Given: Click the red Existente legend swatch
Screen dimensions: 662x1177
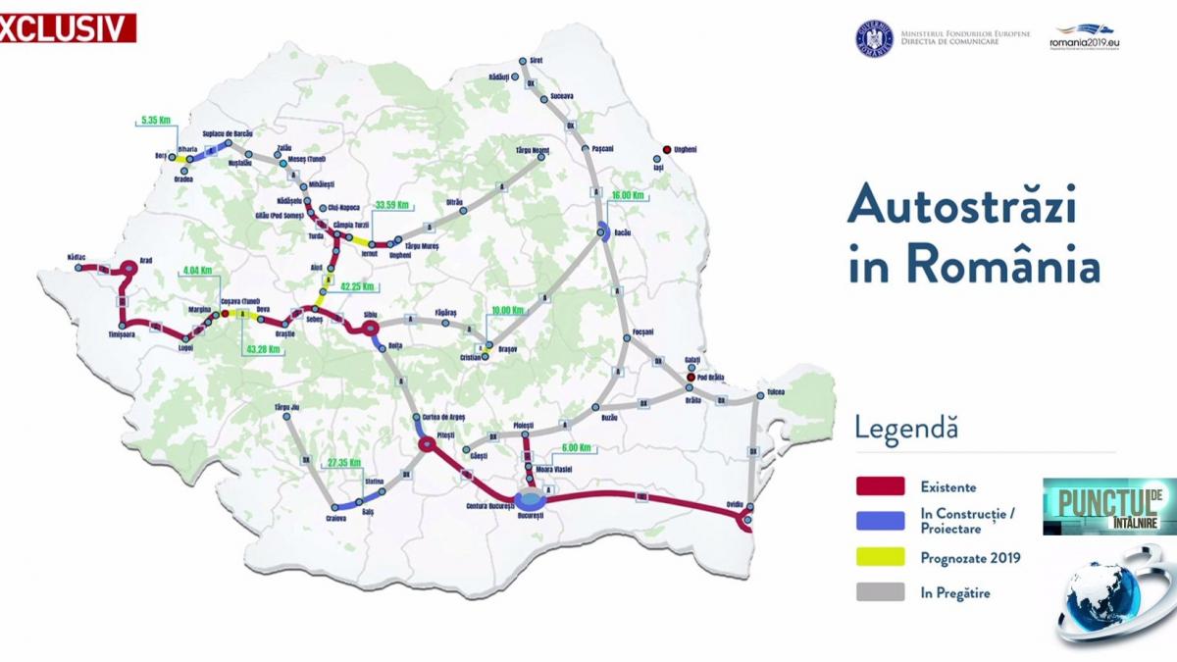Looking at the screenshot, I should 880,485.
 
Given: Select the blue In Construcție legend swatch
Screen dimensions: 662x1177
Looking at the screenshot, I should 880,521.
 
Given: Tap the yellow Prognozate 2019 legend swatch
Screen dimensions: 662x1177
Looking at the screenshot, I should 880,557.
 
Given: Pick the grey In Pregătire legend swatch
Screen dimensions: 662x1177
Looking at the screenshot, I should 880,592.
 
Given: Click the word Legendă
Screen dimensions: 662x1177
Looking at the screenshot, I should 905,429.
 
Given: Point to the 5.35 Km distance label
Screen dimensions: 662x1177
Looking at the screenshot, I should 156,121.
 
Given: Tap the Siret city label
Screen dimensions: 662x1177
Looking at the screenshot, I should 536,60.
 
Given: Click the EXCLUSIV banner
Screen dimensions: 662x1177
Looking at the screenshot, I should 67,28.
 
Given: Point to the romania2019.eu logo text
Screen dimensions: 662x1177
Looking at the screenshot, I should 1085,43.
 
